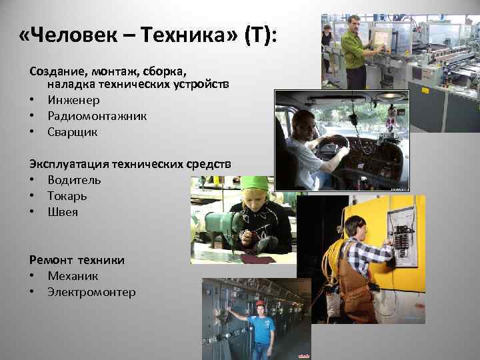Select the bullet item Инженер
click(73, 100)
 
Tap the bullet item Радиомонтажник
click(97, 116)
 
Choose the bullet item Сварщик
click(72, 132)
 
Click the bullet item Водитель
click(74, 180)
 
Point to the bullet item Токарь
click(67, 196)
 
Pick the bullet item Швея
click(62, 212)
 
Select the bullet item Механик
click(73, 276)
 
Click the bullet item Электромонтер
click(91, 292)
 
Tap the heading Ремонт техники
click(77, 260)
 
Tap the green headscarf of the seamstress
click(253, 183)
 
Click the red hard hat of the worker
click(260, 304)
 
